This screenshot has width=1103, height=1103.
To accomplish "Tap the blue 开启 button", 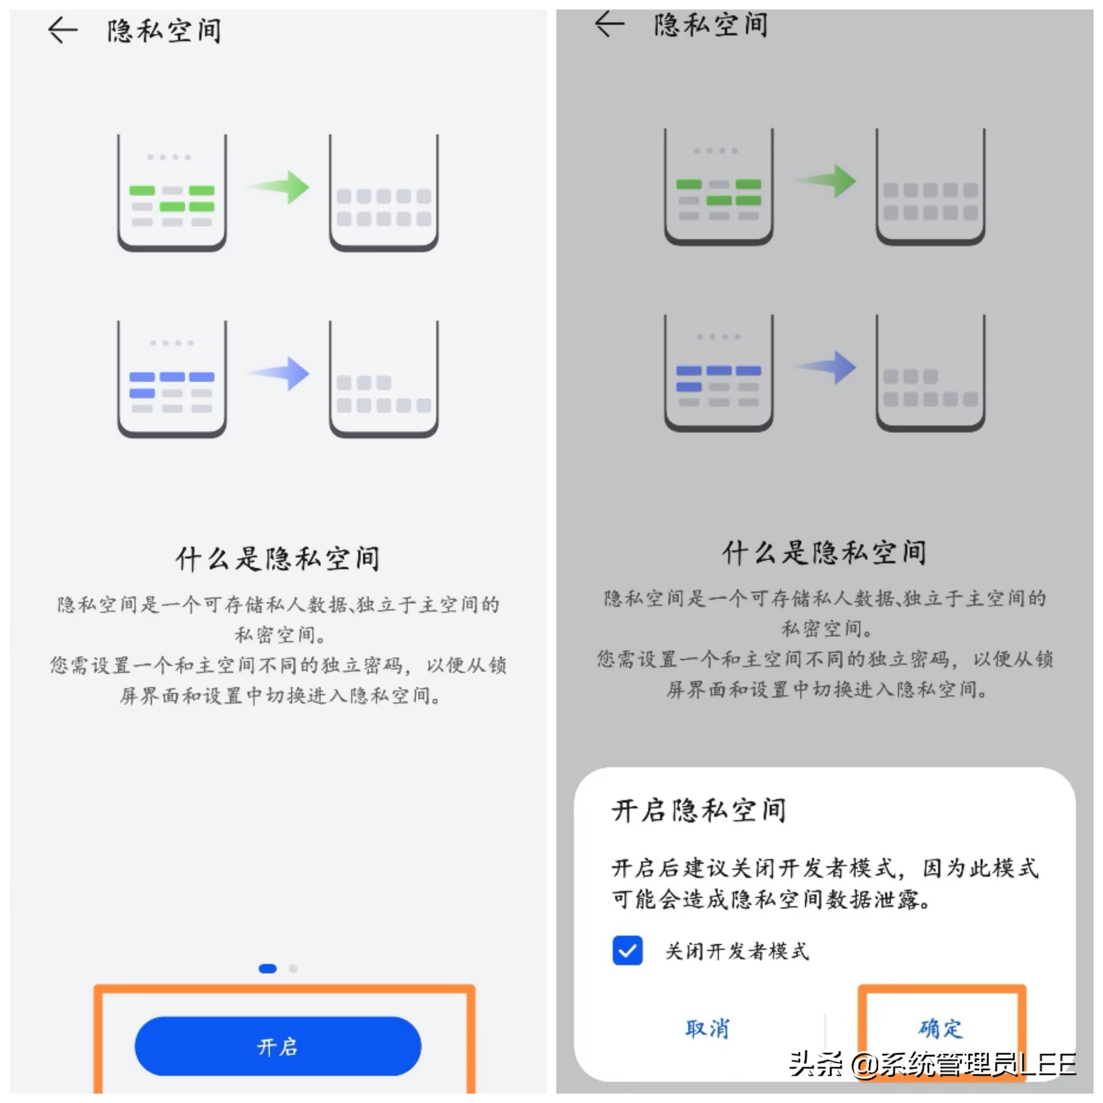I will [x=277, y=1046].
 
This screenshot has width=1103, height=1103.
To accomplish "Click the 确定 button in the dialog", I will [x=940, y=1028].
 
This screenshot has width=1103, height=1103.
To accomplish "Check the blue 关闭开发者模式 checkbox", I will [x=627, y=950].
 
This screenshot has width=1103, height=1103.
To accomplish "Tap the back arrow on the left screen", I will [x=62, y=30].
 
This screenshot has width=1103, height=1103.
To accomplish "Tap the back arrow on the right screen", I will [x=609, y=24].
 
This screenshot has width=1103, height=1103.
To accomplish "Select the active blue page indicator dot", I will [x=267, y=968].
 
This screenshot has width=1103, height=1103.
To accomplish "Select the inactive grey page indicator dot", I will [x=293, y=968].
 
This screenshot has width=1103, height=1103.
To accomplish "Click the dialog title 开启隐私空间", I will [x=698, y=810].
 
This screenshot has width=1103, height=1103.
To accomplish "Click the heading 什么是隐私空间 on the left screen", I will [x=277, y=558].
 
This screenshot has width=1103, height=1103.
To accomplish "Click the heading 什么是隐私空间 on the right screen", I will [x=824, y=553].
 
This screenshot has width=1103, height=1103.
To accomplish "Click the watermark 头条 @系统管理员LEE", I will [x=932, y=1064].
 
